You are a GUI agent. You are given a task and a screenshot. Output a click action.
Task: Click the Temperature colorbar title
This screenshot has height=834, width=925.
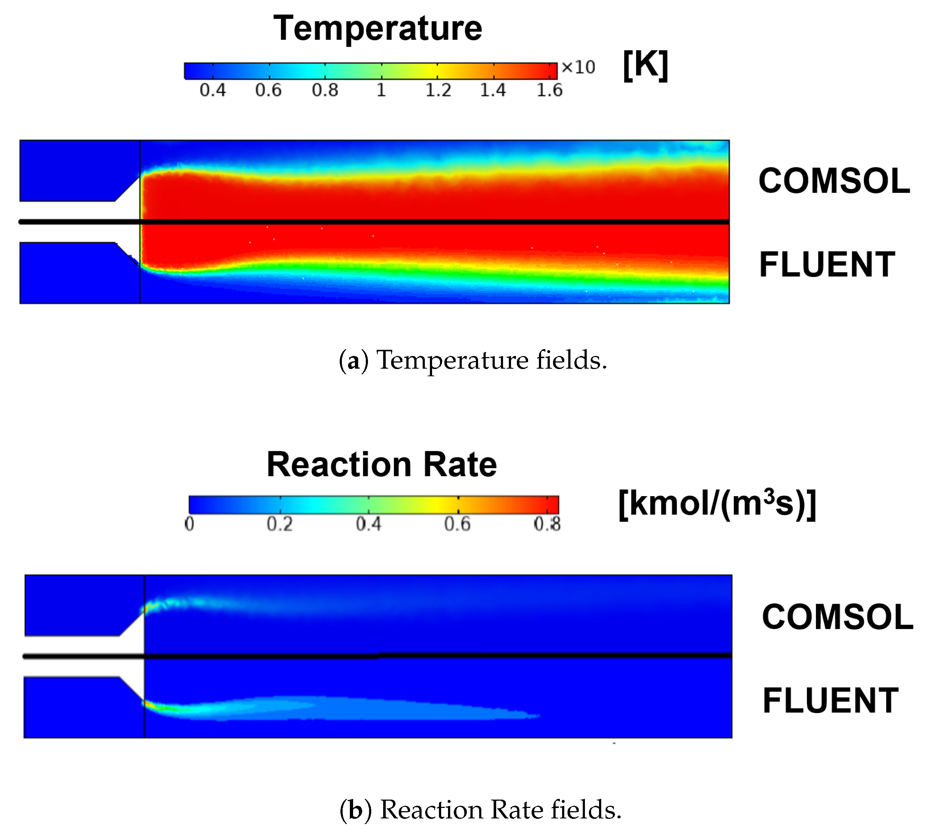click(x=377, y=28)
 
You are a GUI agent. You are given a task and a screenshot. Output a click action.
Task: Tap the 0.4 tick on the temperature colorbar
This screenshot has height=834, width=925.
click(x=213, y=90)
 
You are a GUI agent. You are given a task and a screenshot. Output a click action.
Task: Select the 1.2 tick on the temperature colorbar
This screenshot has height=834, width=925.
click(x=438, y=90)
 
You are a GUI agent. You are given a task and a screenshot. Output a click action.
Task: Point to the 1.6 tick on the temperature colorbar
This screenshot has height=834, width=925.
click(x=549, y=90)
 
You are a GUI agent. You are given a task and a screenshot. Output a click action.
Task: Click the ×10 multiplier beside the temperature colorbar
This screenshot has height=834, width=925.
click(x=578, y=67)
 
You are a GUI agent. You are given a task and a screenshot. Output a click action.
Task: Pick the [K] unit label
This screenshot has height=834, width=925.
click(x=645, y=65)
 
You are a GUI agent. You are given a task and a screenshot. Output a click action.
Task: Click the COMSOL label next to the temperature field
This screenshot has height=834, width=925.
click(x=834, y=181)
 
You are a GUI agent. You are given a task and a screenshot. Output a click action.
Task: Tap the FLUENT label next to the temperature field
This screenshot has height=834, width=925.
click(x=827, y=264)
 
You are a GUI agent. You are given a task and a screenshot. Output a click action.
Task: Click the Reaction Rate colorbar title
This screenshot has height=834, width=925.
click(x=381, y=465)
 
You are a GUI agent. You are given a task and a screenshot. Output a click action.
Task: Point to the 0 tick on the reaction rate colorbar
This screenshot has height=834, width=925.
click(x=189, y=523)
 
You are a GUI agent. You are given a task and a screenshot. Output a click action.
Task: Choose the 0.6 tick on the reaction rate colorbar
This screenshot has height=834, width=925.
click(x=457, y=523)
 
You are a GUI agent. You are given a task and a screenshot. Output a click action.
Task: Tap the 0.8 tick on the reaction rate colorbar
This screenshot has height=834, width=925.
click(x=547, y=523)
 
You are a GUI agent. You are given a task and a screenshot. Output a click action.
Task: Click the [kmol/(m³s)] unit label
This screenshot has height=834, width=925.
click(x=717, y=504)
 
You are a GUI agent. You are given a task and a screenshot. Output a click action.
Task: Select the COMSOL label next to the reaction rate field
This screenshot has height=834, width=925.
click(x=837, y=617)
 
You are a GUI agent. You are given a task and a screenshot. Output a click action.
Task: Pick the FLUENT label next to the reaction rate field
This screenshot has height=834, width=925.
click(x=830, y=701)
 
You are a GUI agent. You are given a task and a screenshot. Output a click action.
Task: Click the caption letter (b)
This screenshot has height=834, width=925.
click(x=355, y=809)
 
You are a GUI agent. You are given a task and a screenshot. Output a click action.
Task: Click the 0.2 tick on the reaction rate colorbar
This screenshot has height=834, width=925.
click(x=280, y=523)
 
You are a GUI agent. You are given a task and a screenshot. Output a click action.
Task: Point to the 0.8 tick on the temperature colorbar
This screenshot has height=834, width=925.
click(x=325, y=90)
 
